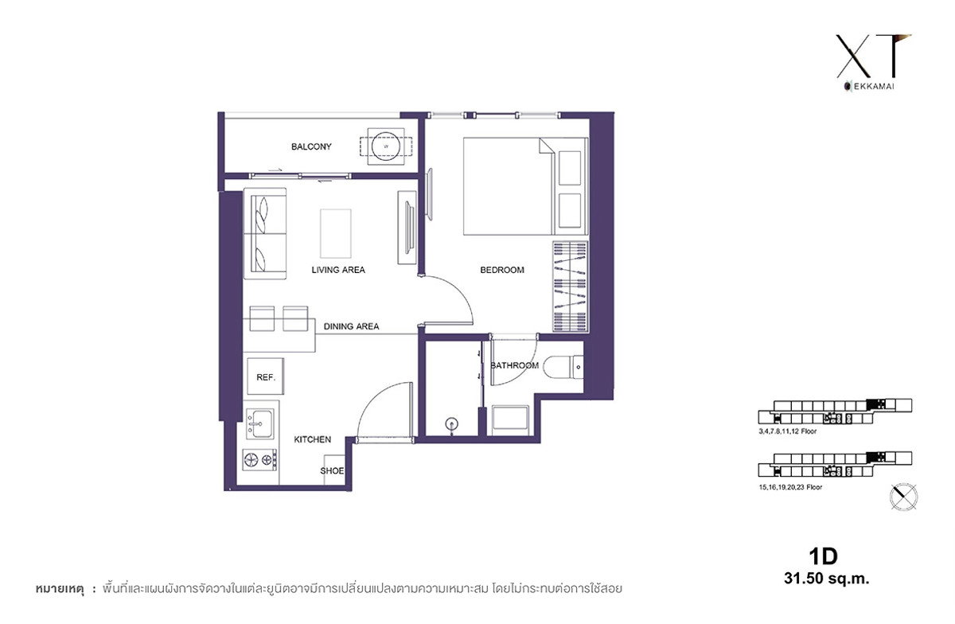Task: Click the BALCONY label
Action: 311,146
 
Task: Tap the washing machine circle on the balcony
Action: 386,146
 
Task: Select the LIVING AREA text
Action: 338,270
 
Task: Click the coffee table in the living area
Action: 336,233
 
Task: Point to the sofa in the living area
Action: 265,233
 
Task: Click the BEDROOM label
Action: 502,270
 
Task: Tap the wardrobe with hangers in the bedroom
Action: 570,287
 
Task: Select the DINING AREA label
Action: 351,326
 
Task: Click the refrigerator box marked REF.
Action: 265,376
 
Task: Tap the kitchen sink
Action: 260,423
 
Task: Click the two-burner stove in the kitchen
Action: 259,460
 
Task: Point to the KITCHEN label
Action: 312,439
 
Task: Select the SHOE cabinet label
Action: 332,470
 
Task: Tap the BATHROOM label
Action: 514,365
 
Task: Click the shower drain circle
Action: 452,424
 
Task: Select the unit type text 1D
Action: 823,556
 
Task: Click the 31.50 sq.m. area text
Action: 826,579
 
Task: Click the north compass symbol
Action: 903,497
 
